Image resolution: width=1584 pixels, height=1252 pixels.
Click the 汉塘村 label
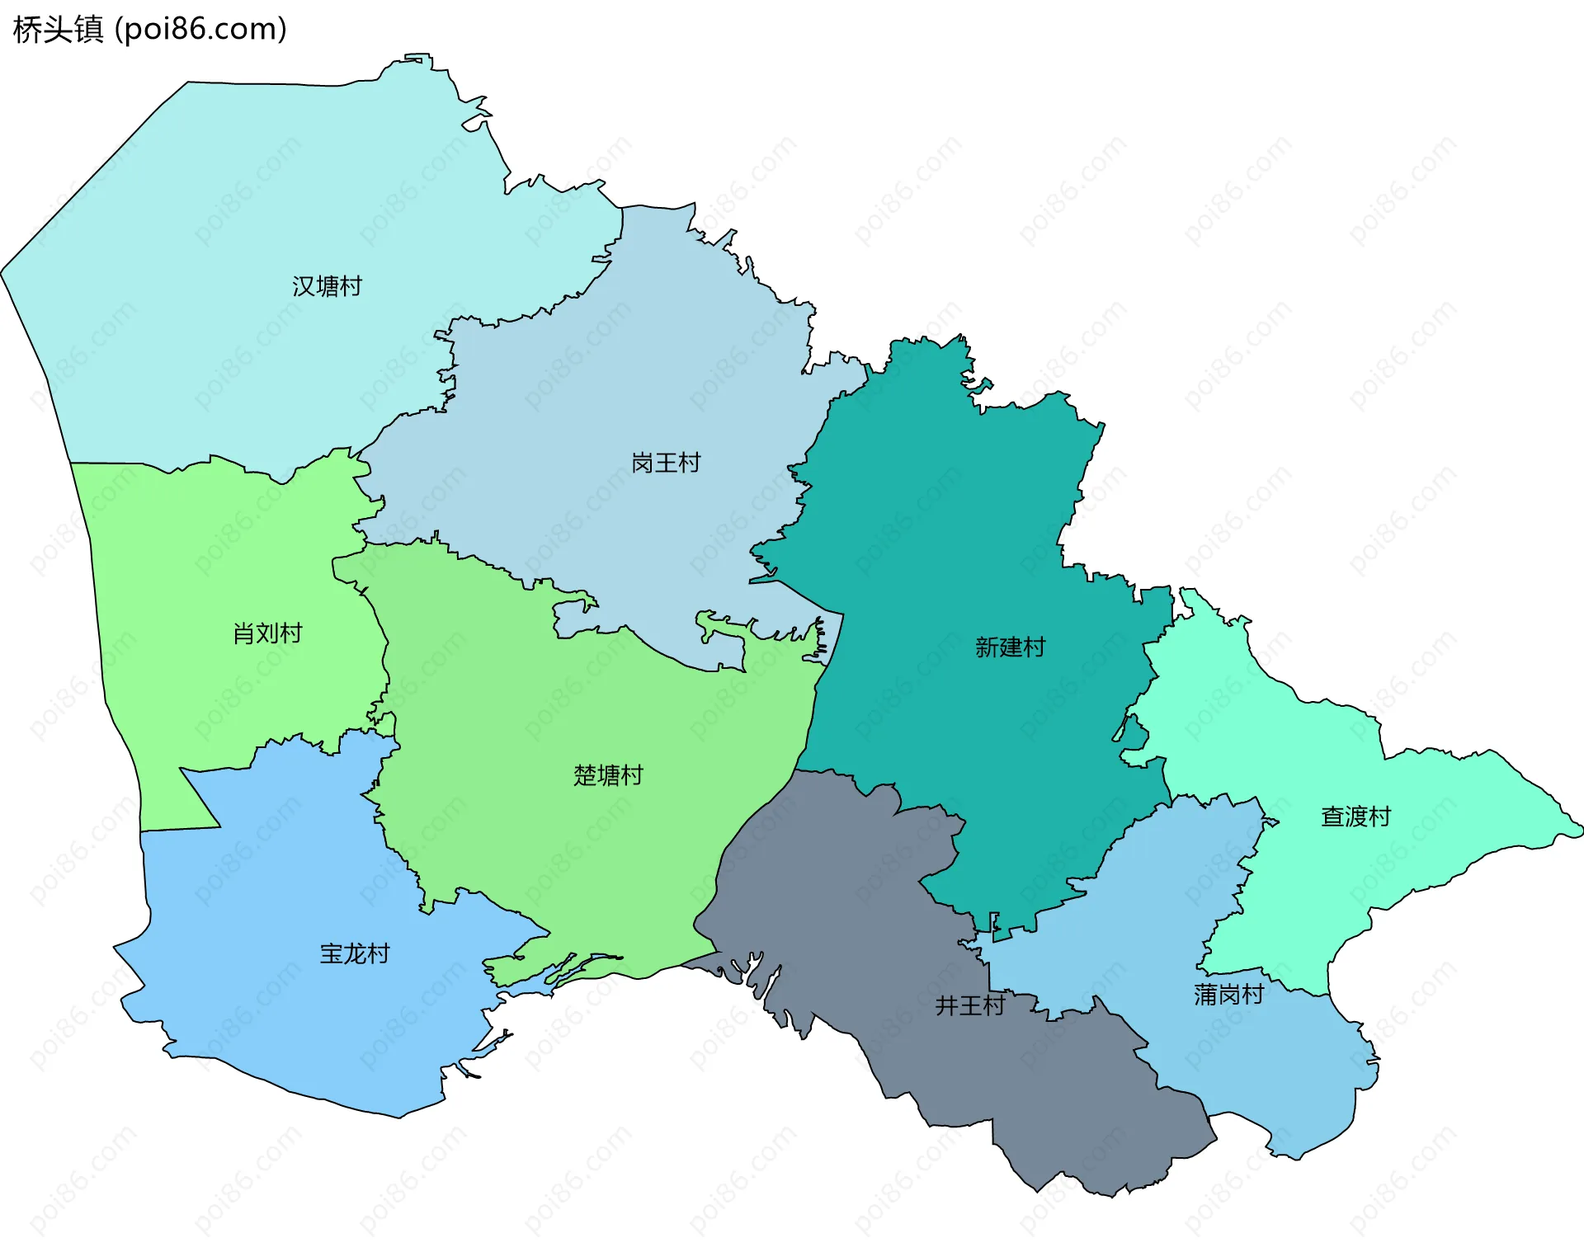click(327, 286)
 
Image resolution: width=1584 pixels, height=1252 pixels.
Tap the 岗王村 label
click(666, 463)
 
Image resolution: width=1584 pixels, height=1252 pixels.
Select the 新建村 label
click(1010, 647)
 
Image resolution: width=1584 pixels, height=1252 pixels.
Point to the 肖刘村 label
click(267, 633)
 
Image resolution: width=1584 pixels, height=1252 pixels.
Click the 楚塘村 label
click(608, 775)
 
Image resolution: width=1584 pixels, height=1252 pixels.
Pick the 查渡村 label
click(1355, 817)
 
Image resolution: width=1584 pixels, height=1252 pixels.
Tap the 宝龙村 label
click(355, 953)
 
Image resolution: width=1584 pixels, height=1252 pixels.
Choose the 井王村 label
click(969, 1005)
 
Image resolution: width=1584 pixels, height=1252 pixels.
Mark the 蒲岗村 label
click(1228, 995)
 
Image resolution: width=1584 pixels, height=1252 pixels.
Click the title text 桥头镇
click(58, 30)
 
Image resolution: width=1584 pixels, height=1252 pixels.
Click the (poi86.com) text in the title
click(200, 30)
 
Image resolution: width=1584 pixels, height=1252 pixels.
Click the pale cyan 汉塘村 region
click(247, 206)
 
